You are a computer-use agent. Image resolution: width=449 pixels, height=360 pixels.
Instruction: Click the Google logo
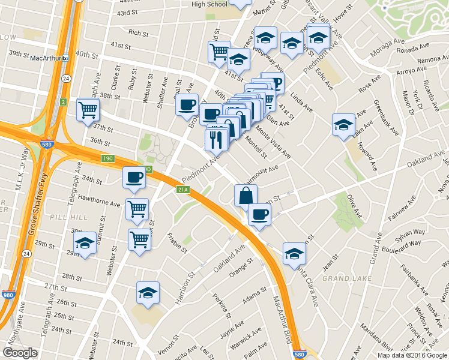[20, 353]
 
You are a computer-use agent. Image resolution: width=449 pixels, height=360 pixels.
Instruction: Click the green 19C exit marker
[107, 158]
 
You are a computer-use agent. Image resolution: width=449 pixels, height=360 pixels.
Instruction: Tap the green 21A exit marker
[183, 190]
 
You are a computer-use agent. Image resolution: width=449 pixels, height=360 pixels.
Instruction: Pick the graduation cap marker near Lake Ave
[343, 125]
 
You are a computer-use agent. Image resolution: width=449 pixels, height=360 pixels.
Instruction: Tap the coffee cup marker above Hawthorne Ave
[134, 178]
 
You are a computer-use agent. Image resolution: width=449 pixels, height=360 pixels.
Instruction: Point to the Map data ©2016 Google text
[412, 355]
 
